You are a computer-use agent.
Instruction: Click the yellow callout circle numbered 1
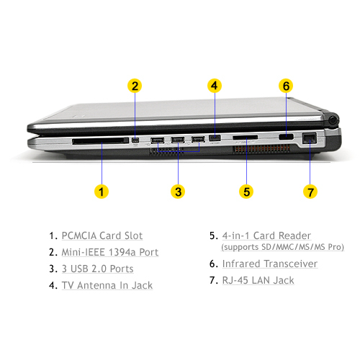[x=102, y=192]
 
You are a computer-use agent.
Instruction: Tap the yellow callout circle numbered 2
[x=135, y=86]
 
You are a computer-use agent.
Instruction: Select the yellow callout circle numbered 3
[x=178, y=192]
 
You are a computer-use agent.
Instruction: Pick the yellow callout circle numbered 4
[x=215, y=86]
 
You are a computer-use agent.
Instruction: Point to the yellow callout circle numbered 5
[x=246, y=192]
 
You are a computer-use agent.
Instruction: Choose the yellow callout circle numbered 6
[x=286, y=86]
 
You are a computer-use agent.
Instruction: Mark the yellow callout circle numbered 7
[x=310, y=192]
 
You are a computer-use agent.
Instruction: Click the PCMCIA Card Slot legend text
[x=102, y=235]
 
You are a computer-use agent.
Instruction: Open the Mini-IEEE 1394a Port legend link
[x=110, y=252]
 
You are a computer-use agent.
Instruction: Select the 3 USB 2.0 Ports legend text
[x=97, y=269]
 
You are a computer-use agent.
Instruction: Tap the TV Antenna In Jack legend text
[x=107, y=285]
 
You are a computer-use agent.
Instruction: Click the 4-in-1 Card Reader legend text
[x=266, y=235]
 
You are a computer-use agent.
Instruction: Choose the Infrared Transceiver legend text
[x=270, y=264]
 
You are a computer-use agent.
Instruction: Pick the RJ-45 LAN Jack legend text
[x=258, y=280]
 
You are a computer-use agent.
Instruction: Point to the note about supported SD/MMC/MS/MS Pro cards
[x=282, y=247]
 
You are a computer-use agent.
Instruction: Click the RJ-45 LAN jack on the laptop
[x=310, y=138]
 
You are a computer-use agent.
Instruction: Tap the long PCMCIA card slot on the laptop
[x=101, y=140]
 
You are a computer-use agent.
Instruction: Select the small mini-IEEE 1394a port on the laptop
[x=135, y=140]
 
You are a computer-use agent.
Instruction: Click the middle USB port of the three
[x=178, y=140]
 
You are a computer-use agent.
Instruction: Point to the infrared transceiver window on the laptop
[x=286, y=137]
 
